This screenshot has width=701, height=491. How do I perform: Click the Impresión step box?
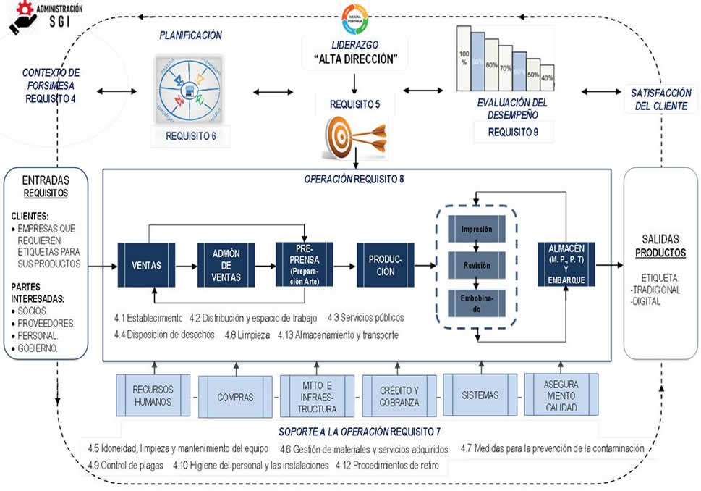tap(477, 230)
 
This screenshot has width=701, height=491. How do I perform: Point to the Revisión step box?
tap(477, 265)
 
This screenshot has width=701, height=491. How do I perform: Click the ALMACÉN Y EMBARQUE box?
tap(566, 264)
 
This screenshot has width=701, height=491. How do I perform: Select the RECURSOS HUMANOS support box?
tap(153, 395)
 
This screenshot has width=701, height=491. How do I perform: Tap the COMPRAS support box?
tap(234, 396)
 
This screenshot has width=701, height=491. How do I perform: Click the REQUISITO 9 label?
tap(513, 132)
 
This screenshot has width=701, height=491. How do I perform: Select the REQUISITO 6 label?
tap(191, 135)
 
